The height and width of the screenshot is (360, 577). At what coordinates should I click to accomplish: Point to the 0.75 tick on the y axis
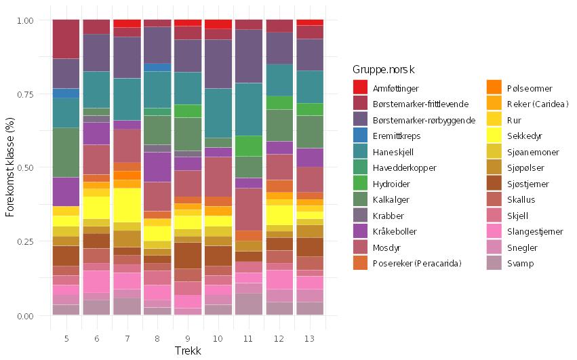point(25,94)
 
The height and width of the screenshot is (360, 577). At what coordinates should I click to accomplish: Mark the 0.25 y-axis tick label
point(25,242)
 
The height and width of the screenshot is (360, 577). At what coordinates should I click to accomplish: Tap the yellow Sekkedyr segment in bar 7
point(126,205)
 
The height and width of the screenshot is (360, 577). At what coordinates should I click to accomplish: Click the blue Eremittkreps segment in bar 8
point(157,67)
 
